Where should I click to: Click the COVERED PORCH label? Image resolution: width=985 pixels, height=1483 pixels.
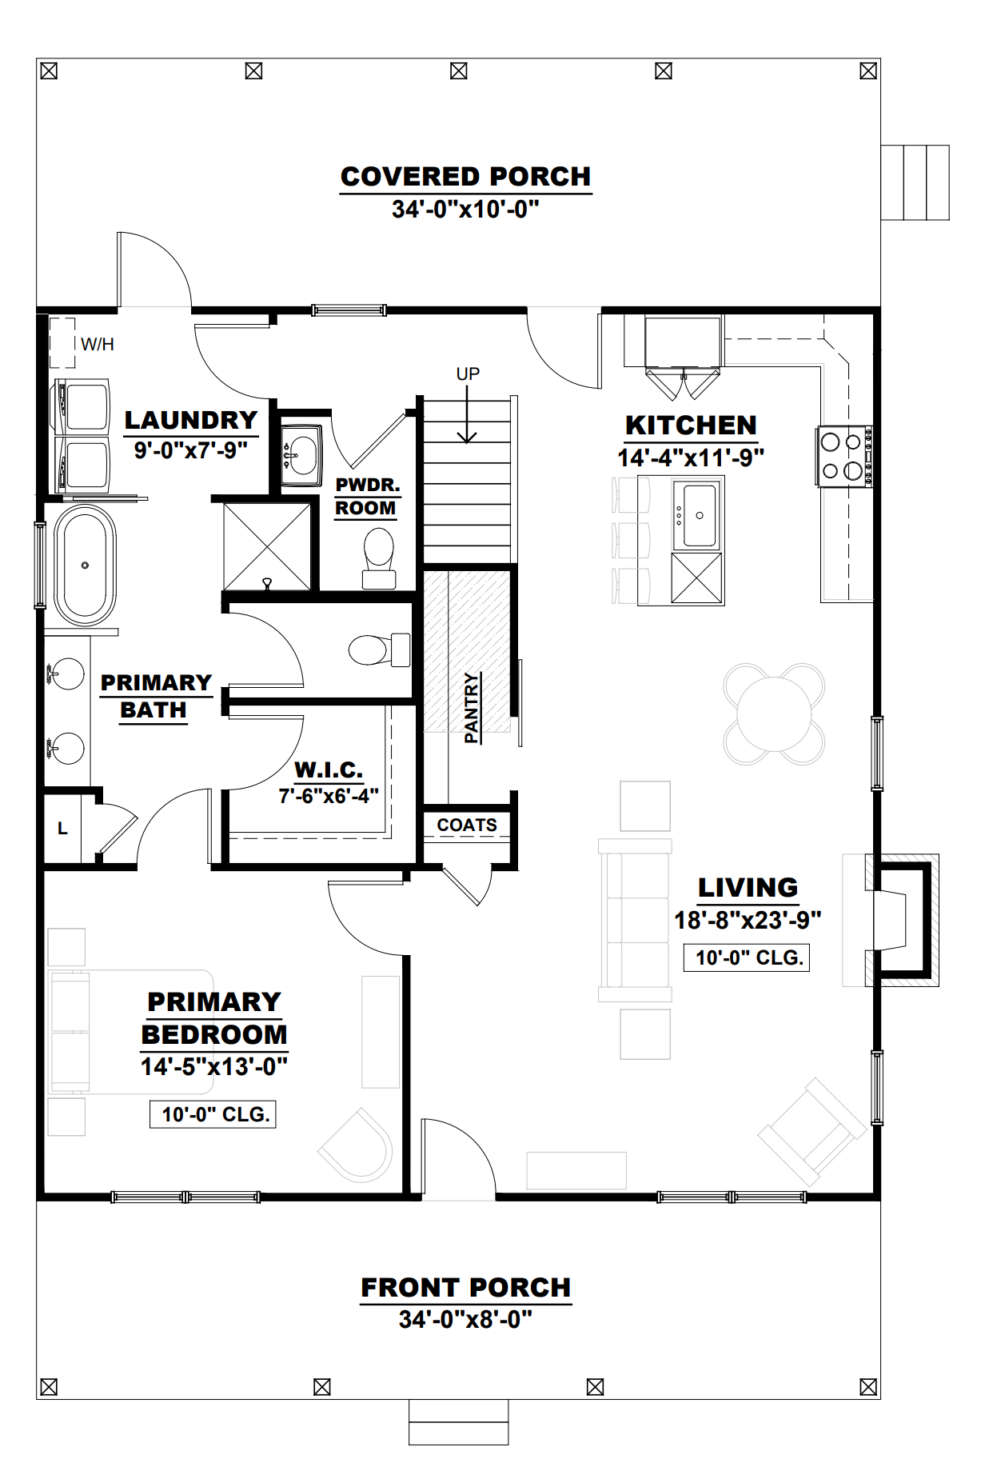pos(465,177)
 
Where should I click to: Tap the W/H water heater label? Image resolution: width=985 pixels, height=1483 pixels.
pos(97,345)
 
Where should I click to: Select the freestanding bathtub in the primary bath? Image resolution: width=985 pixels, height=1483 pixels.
pos(85,565)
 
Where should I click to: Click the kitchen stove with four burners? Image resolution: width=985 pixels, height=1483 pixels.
pos(843,456)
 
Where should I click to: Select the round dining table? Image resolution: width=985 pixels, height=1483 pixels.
pos(774,714)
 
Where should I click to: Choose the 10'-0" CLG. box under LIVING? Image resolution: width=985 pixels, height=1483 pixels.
pos(747,957)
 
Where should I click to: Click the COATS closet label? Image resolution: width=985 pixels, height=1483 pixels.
pos(467,825)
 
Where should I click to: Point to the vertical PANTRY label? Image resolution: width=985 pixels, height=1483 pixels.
pos(472,707)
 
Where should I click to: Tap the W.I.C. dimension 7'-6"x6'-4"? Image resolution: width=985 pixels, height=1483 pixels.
pos(328,796)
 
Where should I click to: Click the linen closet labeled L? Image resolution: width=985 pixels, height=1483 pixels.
pos(62,829)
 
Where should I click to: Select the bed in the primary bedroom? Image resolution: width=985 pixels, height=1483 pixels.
pos(128,1032)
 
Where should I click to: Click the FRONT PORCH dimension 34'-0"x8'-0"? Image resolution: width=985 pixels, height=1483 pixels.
pos(465,1319)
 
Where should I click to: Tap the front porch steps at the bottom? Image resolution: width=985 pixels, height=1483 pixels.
pos(458,1421)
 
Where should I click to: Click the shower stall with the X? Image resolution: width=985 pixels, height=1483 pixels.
pos(266,546)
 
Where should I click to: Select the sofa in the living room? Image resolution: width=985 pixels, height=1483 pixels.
pos(635,920)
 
